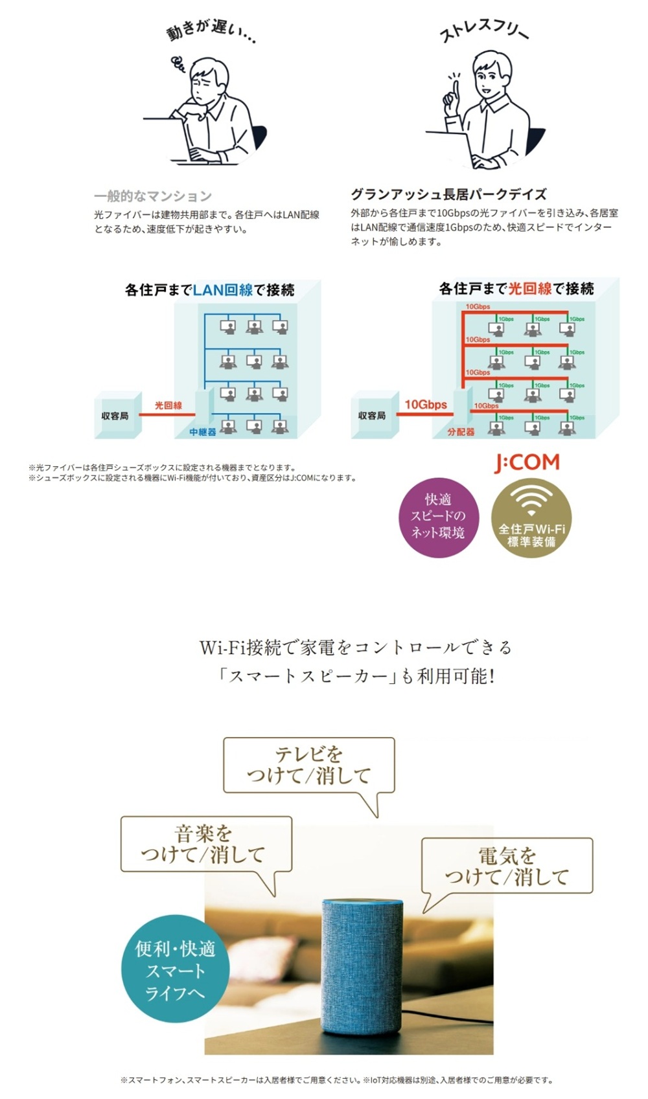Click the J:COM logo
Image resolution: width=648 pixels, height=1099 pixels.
[527, 462]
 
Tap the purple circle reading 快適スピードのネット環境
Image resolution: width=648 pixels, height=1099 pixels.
[438, 516]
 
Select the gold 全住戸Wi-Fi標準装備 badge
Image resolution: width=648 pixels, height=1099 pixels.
[531, 517]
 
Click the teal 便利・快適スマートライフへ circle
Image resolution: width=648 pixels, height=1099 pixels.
[175, 969]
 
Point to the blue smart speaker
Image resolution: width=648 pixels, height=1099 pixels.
[362, 965]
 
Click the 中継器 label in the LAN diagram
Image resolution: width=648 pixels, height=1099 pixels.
[203, 431]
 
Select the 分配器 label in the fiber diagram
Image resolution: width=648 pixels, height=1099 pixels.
[461, 431]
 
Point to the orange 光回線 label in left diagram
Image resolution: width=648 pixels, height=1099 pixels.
[168, 405]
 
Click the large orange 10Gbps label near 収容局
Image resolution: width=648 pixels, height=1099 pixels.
[426, 405]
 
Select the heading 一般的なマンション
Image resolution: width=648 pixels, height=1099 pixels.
[153, 196]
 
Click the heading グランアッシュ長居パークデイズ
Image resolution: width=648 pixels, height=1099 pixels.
[448, 194]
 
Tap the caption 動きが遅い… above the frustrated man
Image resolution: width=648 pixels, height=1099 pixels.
[211, 32]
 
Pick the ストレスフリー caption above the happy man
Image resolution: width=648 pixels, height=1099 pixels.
[484, 30]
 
